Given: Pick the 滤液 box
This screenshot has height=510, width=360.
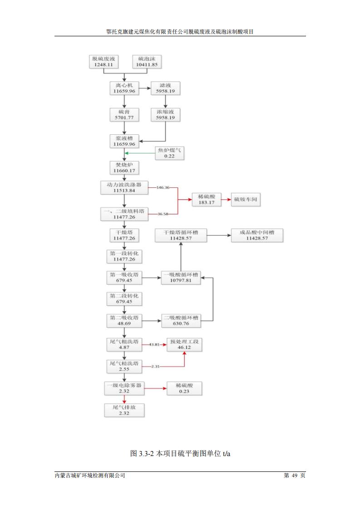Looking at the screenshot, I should click(x=165, y=88).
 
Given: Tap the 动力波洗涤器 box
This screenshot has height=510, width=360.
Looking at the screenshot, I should click(x=124, y=187).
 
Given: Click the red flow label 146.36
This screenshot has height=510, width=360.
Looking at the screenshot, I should click(x=163, y=187).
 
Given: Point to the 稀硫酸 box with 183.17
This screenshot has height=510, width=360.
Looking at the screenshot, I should click(x=206, y=199).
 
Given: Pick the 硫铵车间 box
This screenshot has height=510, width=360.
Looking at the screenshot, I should click(x=247, y=199).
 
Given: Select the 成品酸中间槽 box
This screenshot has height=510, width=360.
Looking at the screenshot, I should click(x=257, y=235).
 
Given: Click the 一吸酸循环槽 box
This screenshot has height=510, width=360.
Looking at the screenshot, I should click(x=181, y=277).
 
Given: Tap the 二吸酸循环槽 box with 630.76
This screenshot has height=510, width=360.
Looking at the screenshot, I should click(x=181, y=320).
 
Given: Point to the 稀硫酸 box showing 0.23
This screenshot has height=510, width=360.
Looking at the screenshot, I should click(x=184, y=388).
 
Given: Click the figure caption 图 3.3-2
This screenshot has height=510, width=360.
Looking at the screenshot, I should click(x=181, y=453).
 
